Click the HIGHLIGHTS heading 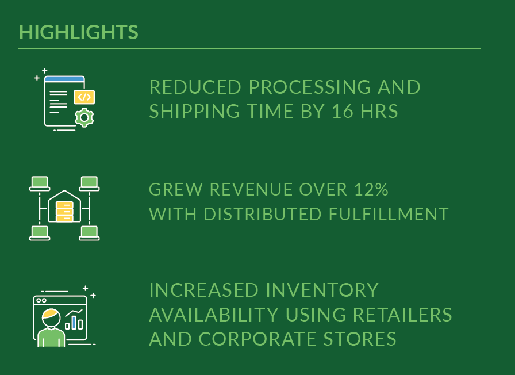tap(79, 32)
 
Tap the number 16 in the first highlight tap(343, 111)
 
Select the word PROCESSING tap(310, 87)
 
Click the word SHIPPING tap(194, 111)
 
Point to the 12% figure tap(371, 190)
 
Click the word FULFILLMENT tap(389, 214)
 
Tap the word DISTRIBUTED tap(263, 214)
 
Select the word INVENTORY tap(322, 290)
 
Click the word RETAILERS tap(402, 315)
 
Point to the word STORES tap(360, 339)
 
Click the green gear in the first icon tap(84, 117)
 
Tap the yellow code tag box tap(84, 97)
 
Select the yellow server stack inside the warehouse tap(64, 212)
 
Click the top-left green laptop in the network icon tap(40, 183)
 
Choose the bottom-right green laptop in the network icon tap(89, 233)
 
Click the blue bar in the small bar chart tap(74, 323)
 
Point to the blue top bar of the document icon tap(64, 79)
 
